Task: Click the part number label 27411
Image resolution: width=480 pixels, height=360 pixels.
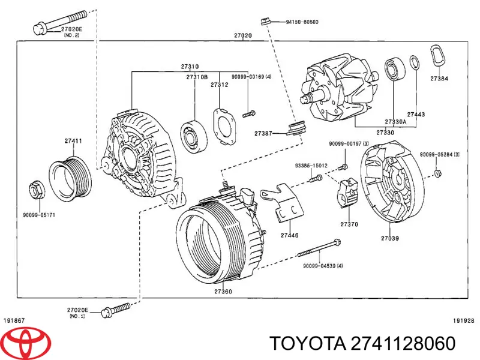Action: [x=74, y=141]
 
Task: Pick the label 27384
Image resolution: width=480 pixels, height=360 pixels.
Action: [x=439, y=79]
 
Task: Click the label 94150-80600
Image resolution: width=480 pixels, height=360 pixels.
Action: [x=302, y=22]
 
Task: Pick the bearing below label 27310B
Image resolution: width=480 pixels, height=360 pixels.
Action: [x=193, y=136]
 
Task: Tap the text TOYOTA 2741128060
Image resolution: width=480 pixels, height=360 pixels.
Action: [x=362, y=344]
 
